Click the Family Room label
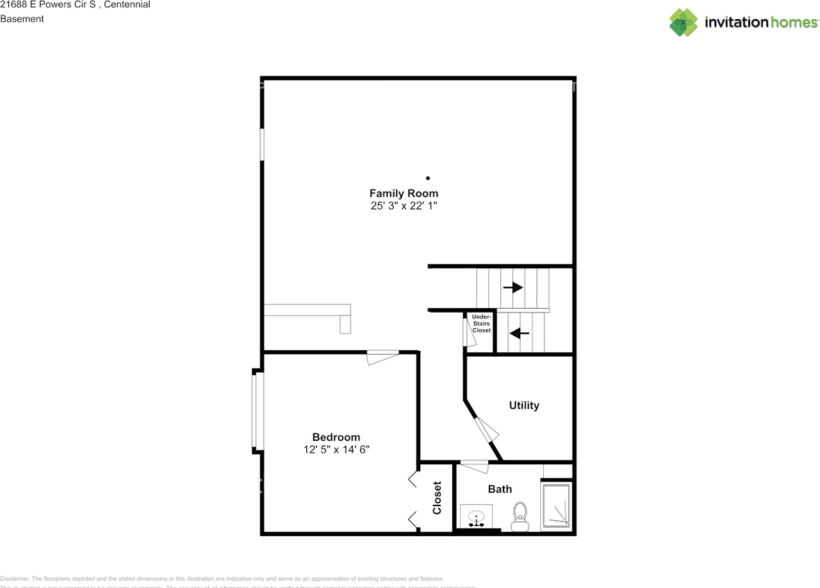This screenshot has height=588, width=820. [404, 193]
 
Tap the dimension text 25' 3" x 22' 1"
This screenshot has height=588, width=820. [404, 206]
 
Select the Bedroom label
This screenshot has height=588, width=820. [336, 437]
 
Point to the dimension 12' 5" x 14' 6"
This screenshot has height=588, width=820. [336, 450]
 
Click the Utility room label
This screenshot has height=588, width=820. [524, 405]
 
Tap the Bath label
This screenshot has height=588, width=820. [500, 489]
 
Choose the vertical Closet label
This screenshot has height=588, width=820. [437, 498]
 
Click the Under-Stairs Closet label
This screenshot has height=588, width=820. [481, 323]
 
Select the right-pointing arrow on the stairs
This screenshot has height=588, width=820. [513, 288]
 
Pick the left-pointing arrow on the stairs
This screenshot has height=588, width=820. [520, 333]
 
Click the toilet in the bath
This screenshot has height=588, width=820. [520, 516]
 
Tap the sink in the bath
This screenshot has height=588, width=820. [476, 516]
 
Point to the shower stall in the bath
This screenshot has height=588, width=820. [555, 506]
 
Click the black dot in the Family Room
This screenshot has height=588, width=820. [428, 178]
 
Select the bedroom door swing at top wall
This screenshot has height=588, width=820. [382, 357]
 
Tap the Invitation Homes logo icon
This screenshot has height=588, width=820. [684, 22]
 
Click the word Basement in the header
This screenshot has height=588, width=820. [22, 19]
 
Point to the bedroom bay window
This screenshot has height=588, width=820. [257, 411]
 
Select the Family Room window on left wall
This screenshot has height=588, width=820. [262, 145]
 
